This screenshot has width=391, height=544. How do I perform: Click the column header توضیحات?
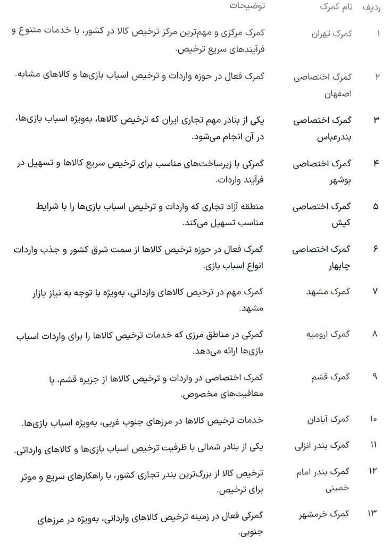(247, 6)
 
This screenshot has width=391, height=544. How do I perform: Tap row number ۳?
(376, 120)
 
